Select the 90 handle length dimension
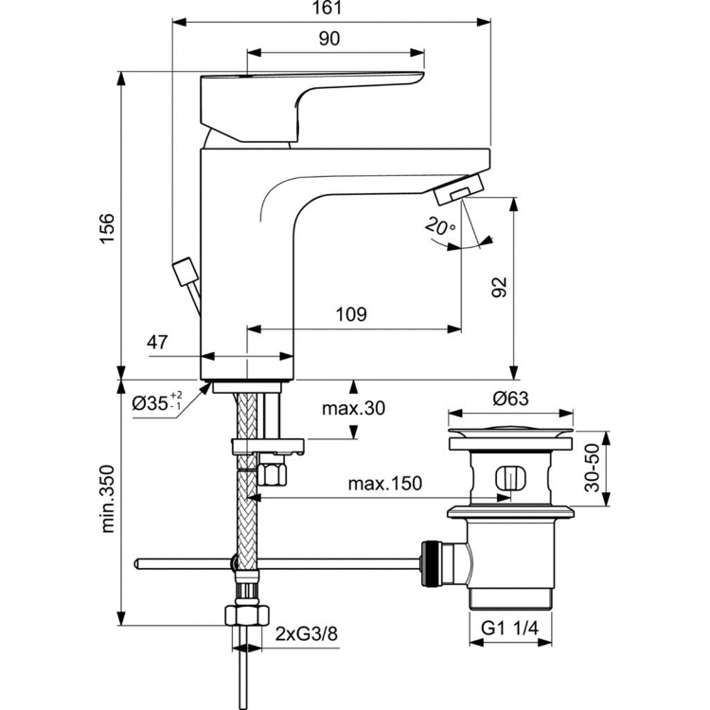click(329, 40)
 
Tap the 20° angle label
click(440, 227)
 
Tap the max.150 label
click(383, 484)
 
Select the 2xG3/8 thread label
click(305, 632)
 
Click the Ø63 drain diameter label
click(511, 399)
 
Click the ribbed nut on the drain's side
click(433, 563)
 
